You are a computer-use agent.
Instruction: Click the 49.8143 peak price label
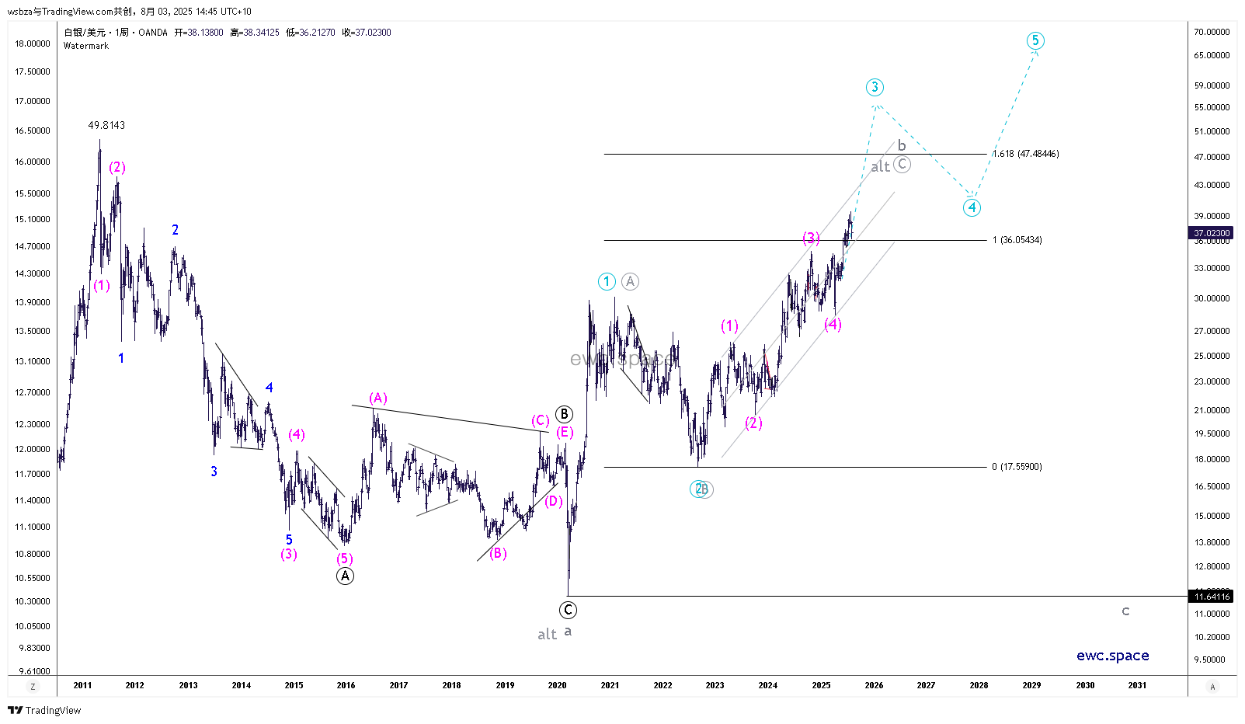(106, 125)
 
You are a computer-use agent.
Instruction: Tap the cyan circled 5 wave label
(1035, 40)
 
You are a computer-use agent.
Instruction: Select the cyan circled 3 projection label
(875, 87)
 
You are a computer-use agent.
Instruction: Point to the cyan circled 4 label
(972, 207)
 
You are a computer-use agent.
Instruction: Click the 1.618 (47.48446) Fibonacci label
(1026, 154)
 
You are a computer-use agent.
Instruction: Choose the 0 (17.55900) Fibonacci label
(1017, 467)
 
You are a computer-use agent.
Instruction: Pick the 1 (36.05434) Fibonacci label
(1017, 240)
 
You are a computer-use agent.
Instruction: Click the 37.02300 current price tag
(1212, 233)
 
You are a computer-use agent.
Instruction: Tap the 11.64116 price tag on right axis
(1212, 597)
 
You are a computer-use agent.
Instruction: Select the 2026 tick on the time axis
(874, 685)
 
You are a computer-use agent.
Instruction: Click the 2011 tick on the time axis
(82, 685)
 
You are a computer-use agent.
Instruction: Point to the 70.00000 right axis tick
(1212, 32)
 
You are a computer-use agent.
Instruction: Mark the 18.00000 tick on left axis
(33, 44)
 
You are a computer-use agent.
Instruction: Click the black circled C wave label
(568, 610)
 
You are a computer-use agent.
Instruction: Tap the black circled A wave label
(345, 576)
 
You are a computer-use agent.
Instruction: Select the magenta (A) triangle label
(378, 399)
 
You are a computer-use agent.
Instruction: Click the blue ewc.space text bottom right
(1112, 656)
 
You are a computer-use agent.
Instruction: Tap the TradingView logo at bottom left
(45, 710)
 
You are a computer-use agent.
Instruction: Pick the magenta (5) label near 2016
(345, 559)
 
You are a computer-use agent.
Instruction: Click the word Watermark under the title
(86, 46)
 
